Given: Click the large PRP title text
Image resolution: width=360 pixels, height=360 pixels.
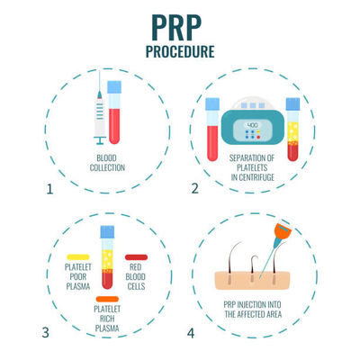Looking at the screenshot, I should pyautogui.click(x=180, y=23).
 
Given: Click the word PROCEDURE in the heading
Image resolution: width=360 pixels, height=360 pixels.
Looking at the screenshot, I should pyautogui.click(x=180, y=51).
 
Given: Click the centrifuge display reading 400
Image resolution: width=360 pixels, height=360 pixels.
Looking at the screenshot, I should pyautogui.click(x=253, y=100).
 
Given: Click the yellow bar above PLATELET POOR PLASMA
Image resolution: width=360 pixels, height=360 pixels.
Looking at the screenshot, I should pyautogui.click(x=76, y=256).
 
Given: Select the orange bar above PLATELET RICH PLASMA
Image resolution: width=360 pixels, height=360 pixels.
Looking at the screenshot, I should pyautogui.click(x=106, y=298).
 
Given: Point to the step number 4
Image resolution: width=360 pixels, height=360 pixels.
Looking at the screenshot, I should pyautogui.click(x=191, y=331).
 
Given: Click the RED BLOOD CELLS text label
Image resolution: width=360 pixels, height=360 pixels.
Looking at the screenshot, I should pyautogui.click(x=139, y=275).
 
